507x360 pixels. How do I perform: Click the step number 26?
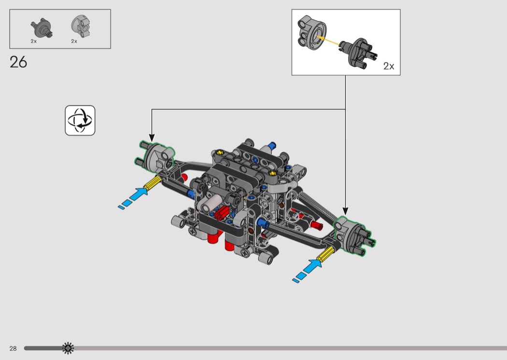pos(18,62)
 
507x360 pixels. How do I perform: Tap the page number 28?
pos(13,348)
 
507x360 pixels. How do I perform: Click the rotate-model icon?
pos(80,121)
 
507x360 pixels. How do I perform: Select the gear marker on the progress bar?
pos(68,348)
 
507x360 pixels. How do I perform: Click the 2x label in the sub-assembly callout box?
pos(389,66)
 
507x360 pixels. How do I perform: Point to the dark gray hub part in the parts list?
pos(42,28)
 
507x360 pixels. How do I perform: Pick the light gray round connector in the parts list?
pos(81,26)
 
